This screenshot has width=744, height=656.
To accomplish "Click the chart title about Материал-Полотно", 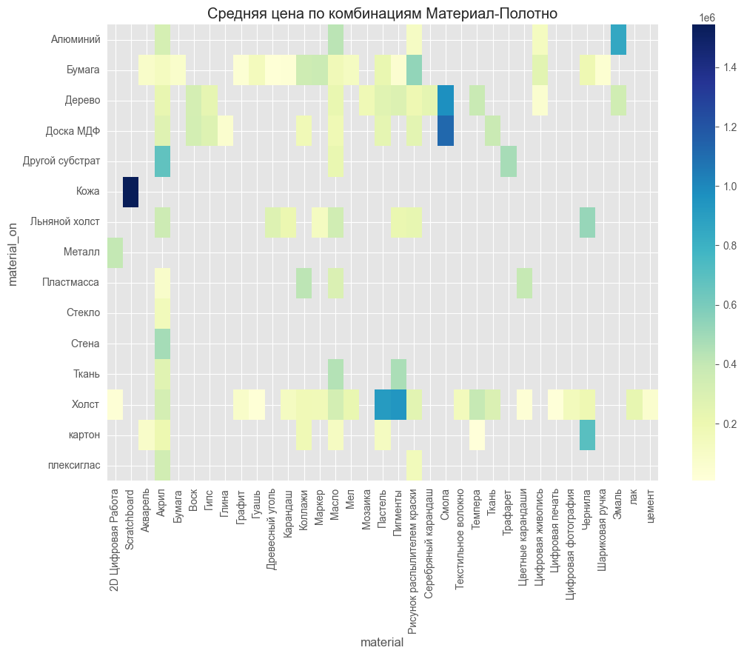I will click(382, 13).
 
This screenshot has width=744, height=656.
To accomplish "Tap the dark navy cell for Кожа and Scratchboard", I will click(131, 192).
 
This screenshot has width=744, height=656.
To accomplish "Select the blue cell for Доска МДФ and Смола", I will click(446, 131).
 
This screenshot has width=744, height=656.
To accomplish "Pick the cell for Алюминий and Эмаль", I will click(619, 39).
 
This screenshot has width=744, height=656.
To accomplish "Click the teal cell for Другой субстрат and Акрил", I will click(162, 161).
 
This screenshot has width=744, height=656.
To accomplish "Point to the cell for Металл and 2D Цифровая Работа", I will click(115, 252).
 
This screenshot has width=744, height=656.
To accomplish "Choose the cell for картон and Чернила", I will click(587, 435).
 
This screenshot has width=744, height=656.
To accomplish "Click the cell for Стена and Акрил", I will click(162, 344).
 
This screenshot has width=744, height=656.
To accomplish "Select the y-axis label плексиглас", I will click(75, 466).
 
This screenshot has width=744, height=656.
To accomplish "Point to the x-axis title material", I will click(382, 643).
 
